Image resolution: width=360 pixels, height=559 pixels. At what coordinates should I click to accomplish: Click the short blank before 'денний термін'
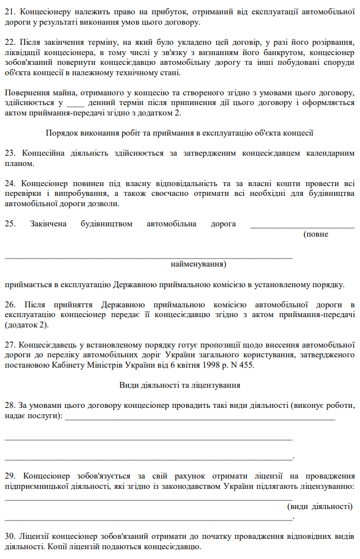[76, 103]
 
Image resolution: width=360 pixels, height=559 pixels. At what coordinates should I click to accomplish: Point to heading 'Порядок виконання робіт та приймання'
[179, 133]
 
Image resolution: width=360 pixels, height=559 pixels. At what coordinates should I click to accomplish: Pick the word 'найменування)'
[199, 265]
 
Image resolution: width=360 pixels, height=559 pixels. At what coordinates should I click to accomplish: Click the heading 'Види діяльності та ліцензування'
[179, 384]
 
